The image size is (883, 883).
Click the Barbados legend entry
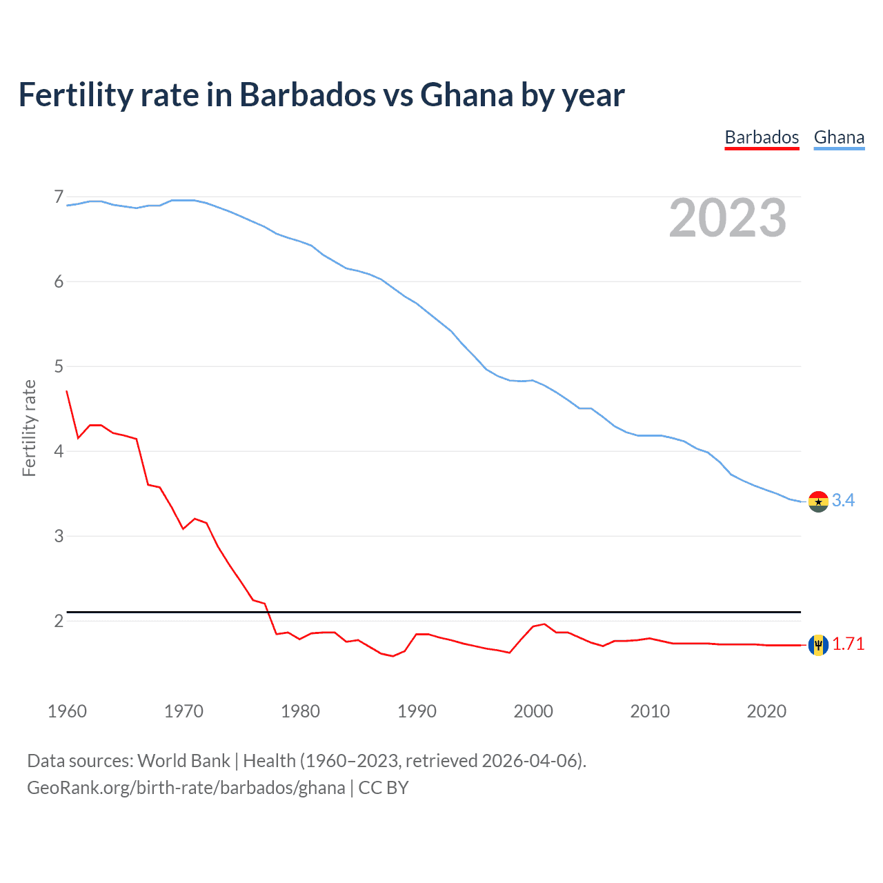tap(762, 137)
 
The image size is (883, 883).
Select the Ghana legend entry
tap(839, 137)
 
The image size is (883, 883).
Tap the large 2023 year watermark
tap(727, 218)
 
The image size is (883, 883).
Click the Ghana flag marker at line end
tap(818, 502)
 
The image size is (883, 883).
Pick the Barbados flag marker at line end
tap(818, 645)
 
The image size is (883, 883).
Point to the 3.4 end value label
tap(843, 500)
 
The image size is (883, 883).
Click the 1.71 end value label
tap(848, 644)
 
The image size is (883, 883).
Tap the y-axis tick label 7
tap(59, 197)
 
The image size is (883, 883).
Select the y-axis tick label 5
tap(59, 366)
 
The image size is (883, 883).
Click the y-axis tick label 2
tap(59, 621)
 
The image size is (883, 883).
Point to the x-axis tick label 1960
tap(67, 711)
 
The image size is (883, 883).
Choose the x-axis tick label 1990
tap(417, 711)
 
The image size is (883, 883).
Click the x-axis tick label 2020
tap(766, 711)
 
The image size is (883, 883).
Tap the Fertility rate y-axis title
tap(29, 428)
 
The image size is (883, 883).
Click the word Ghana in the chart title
tap(466, 95)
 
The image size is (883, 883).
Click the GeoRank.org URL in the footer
tap(186, 788)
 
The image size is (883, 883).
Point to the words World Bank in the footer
tap(183, 761)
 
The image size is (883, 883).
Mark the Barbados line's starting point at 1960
tap(67, 391)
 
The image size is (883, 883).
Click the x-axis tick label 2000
tap(533, 711)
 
